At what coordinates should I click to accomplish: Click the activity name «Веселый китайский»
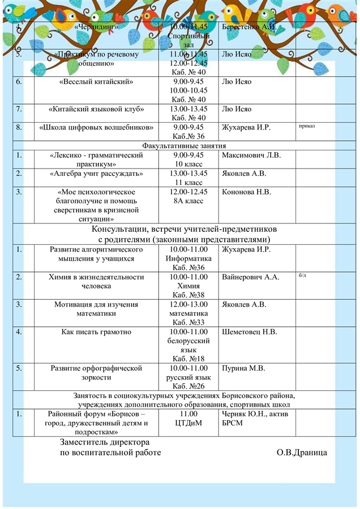pos(96,82)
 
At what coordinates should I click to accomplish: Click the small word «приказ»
pos(306,126)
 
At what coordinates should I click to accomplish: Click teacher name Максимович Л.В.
pos(251,155)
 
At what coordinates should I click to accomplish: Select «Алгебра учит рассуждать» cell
pos(96,173)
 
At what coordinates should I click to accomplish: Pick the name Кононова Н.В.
pos(247,192)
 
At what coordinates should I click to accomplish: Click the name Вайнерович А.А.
pos(251,277)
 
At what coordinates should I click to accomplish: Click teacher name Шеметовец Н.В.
pos(250,331)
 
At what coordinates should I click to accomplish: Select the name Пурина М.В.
pos(243,368)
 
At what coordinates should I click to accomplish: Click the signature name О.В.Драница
pos(302,452)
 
